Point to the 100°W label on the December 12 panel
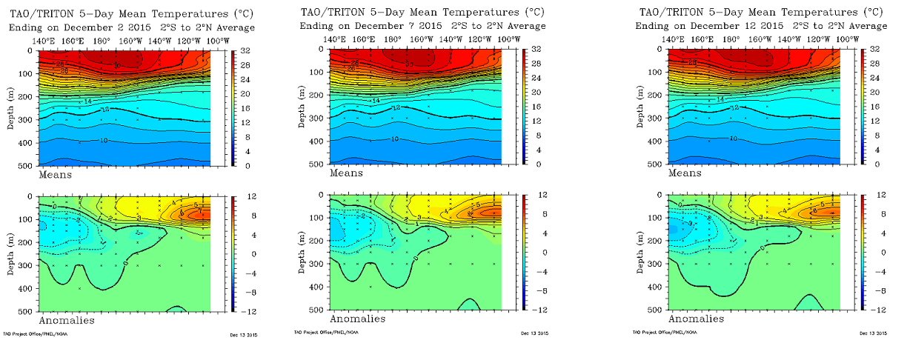point(848,39)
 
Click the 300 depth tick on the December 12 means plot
point(657,119)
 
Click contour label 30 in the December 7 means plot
point(408,64)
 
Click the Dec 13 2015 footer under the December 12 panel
point(872,333)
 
